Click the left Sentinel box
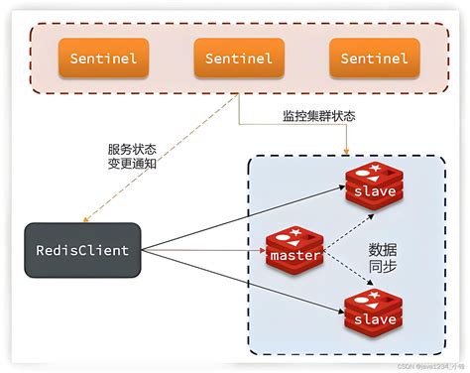[103, 59]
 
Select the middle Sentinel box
[238, 59]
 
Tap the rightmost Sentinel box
[373, 59]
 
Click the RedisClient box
[83, 250]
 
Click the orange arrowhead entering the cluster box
[346, 149]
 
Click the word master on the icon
[294, 256]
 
